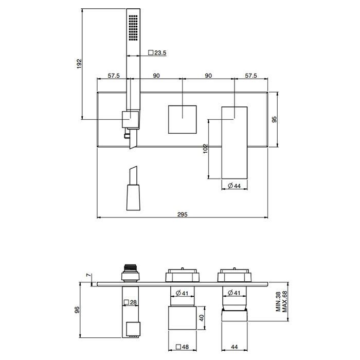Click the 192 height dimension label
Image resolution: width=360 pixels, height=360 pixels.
[79, 64]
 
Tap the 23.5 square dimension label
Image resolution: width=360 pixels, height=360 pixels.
[157, 53]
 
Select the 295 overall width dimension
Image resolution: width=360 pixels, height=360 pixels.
[183, 214]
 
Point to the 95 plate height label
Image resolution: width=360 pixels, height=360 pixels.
[274, 119]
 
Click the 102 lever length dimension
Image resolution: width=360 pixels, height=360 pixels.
[205, 149]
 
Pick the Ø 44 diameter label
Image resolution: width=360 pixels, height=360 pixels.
[235, 186]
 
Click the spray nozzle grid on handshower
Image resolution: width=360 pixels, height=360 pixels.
[133, 28]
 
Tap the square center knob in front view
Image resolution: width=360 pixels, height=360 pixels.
[182, 119]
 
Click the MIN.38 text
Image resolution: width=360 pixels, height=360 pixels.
[278, 302]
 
